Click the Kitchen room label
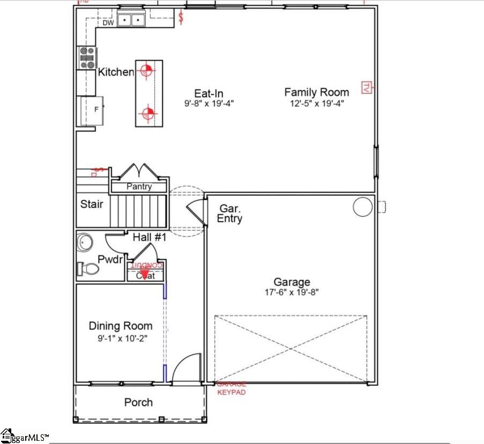pos(115,72)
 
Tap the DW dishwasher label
pos(108,23)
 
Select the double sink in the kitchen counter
pos(132,21)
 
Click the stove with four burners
pos(88,58)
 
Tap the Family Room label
pos(316,92)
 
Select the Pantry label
pos(139,187)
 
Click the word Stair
pos(92,204)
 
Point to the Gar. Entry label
pos(230,213)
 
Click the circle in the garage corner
pos(362,206)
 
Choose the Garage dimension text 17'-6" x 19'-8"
pos(292,292)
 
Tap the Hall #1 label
pos(150,237)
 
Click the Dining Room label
pos(120,326)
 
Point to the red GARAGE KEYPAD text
pos(232,388)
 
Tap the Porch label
pos(138,402)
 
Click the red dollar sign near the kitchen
pos(181,18)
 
